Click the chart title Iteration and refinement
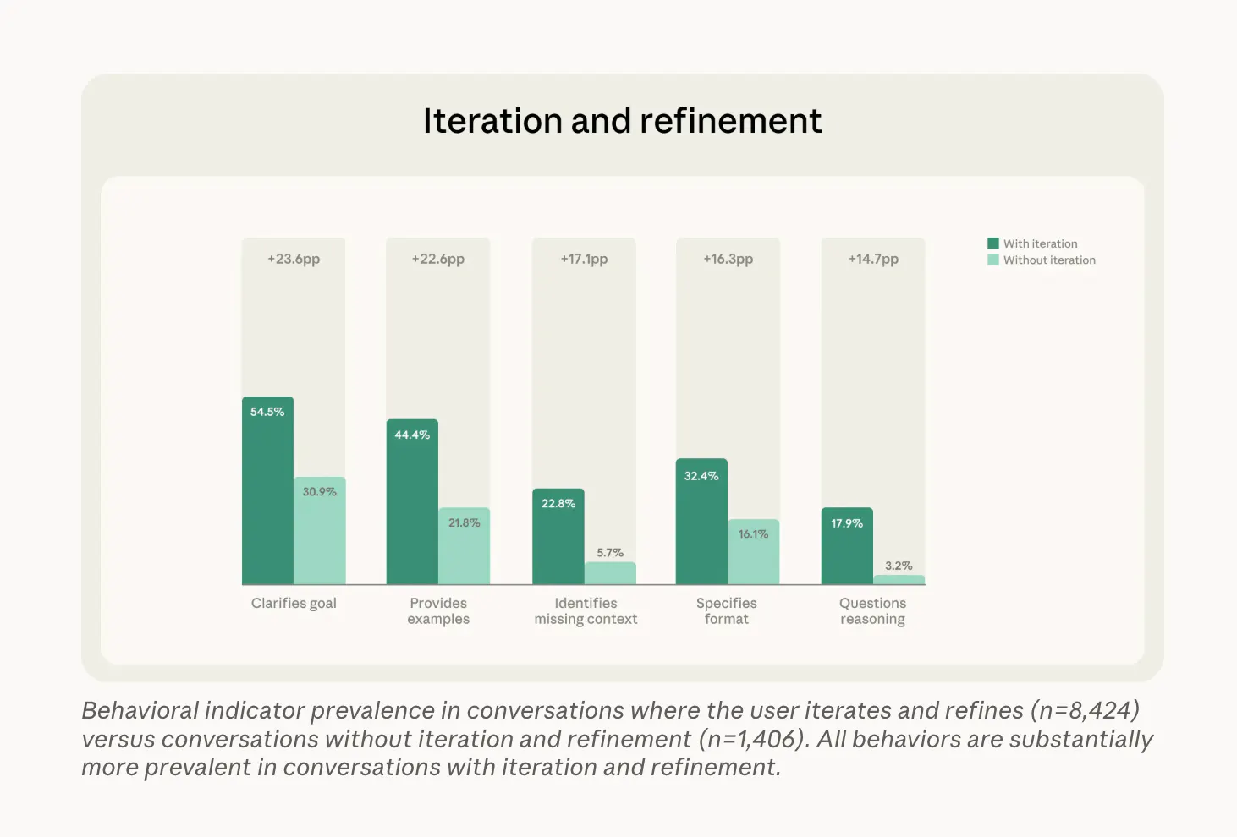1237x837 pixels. coord(622,121)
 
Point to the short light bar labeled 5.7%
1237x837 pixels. coord(610,573)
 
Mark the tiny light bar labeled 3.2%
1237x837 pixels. coord(899,580)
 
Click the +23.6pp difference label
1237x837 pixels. coord(294,259)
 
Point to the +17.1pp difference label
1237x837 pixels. coord(584,259)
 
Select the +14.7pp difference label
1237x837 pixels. coord(873,259)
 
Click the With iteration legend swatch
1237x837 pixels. coord(993,243)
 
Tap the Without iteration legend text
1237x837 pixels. coord(1049,260)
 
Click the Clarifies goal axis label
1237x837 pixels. coord(294,603)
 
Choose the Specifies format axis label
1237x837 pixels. coord(727,610)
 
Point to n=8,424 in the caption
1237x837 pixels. coord(1085,710)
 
